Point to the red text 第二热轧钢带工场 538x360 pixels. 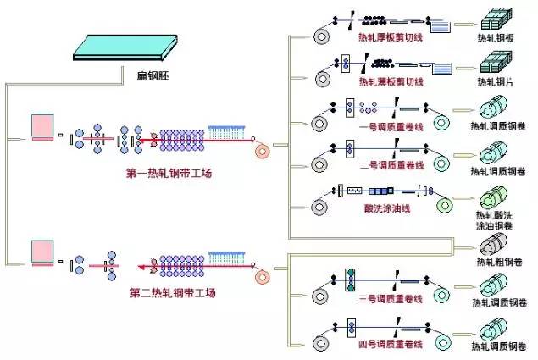(173, 293)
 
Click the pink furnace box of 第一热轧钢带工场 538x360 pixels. (43, 127)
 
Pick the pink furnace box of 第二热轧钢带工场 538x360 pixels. (43, 252)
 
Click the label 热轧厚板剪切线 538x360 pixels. (390, 38)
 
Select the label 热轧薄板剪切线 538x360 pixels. (390, 82)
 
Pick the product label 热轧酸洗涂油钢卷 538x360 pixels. (496, 220)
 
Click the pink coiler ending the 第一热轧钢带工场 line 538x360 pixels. (263, 152)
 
